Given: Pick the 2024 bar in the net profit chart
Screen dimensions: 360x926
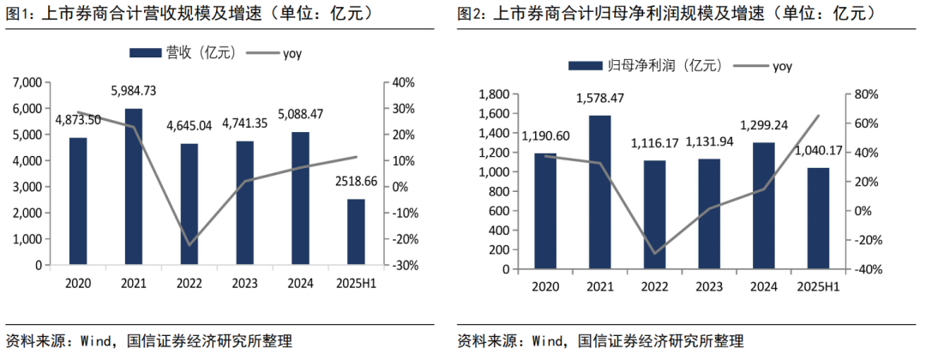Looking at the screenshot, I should click(762, 206).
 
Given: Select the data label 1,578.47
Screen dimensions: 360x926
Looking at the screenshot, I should click(599, 99).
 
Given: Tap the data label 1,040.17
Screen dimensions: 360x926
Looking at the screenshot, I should click(817, 152).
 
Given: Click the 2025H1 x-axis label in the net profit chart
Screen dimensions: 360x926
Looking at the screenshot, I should click(817, 286).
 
